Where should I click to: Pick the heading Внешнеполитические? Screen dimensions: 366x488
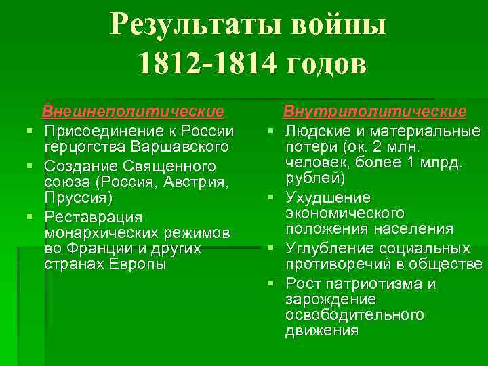click(133, 110)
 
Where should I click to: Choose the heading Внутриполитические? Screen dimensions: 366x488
click(374, 110)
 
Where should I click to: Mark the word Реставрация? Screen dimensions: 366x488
click(93, 217)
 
